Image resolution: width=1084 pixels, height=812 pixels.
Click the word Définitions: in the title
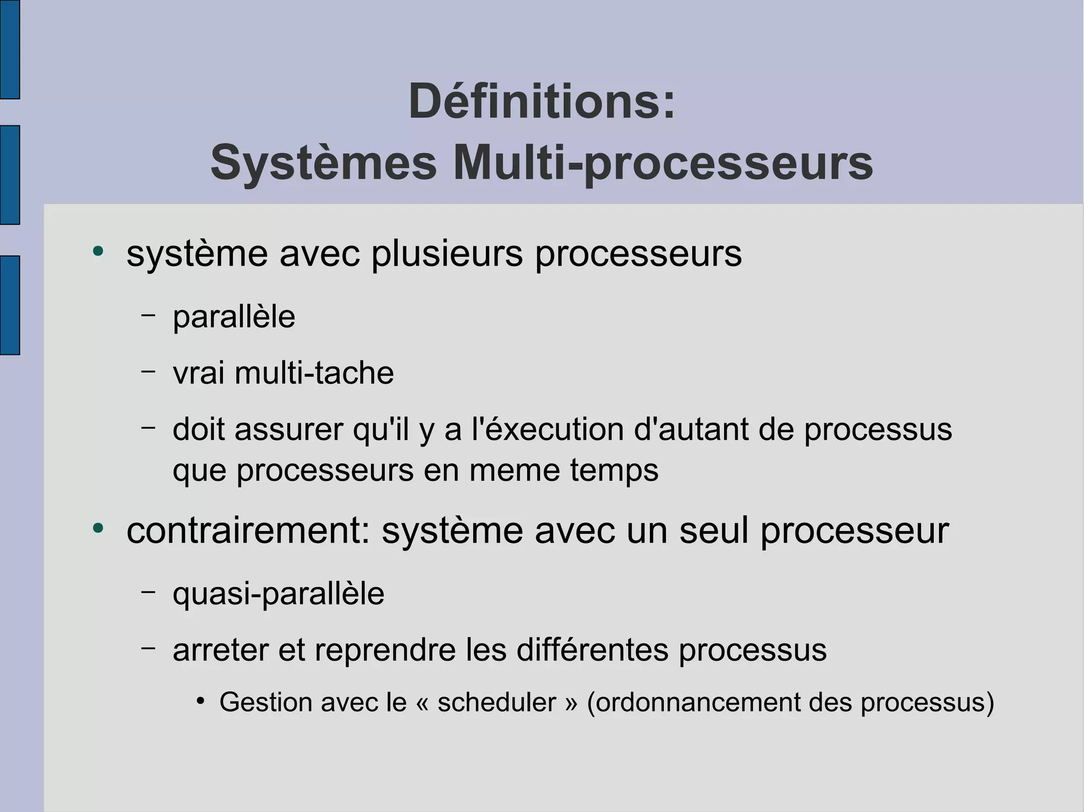[x=542, y=102]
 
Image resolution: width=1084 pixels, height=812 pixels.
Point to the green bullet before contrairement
[x=98, y=528]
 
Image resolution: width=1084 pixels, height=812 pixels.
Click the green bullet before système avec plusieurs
[x=98, y=251]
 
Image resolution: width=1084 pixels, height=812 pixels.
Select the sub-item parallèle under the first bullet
[x=234, y=317]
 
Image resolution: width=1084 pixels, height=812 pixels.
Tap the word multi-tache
[x=314, y=373]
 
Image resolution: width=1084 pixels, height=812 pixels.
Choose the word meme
[x=514, y=470]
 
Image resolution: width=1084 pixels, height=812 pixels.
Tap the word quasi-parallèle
[x=278, y=594]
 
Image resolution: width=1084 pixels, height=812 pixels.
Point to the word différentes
[x=592, y=650]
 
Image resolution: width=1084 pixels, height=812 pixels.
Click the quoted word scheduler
[x=496, y=702]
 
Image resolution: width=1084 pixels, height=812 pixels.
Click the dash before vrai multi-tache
[x=149, y=371]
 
